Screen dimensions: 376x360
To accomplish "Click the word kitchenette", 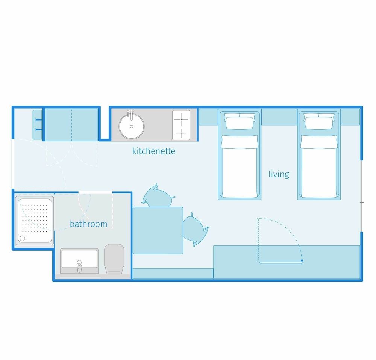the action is [154, 151].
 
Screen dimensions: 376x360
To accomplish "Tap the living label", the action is [279, 174].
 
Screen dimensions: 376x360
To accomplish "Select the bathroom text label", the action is [88, 224].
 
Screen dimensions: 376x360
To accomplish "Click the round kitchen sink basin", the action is [131, 126].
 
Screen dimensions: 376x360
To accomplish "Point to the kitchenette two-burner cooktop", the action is [181, 125].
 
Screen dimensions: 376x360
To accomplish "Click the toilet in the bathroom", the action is [114, 259].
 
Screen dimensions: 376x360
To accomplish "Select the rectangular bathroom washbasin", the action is [79, 261].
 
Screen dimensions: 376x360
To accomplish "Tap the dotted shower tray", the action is [35, 221].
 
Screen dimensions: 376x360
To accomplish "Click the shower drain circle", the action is [22, 238].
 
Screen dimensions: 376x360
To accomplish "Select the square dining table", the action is [158, 230].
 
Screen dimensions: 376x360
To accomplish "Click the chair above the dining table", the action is [158, 197].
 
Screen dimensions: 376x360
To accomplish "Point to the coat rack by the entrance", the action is [37, 125].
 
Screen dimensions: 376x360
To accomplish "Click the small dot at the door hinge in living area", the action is [302, 260].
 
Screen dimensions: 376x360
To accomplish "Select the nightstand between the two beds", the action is [279, 117].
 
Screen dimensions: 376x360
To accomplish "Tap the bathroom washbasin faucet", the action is [79, 266].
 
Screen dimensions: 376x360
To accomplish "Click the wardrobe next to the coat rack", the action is [71, 125].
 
